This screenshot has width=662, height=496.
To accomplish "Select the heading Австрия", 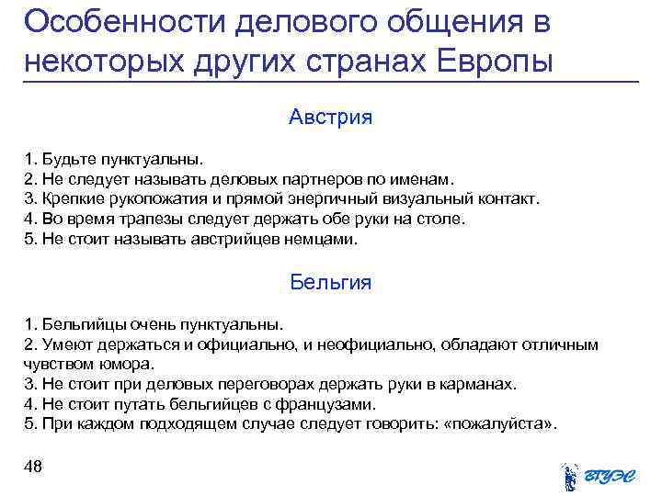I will pyautogui.click(x=330, y=118).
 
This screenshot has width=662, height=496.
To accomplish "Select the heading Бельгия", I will pyautogui.click(x=330, y=282).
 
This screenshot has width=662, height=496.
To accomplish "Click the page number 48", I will pyautogui.click(x=33, y=467).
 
